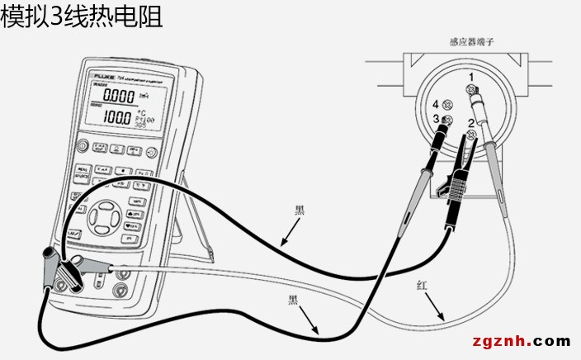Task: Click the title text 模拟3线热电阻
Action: click(81, 17)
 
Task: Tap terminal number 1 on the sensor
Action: click(470, 77)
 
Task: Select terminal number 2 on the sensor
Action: click(470, 123)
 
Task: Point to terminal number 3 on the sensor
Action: click(435, 119)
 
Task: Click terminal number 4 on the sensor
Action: click(435, 104)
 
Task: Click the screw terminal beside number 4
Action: click(447, 105)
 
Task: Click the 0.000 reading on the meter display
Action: click(118, 97)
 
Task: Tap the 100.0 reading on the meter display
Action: click(116, 117)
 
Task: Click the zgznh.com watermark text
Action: click(521, 341)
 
